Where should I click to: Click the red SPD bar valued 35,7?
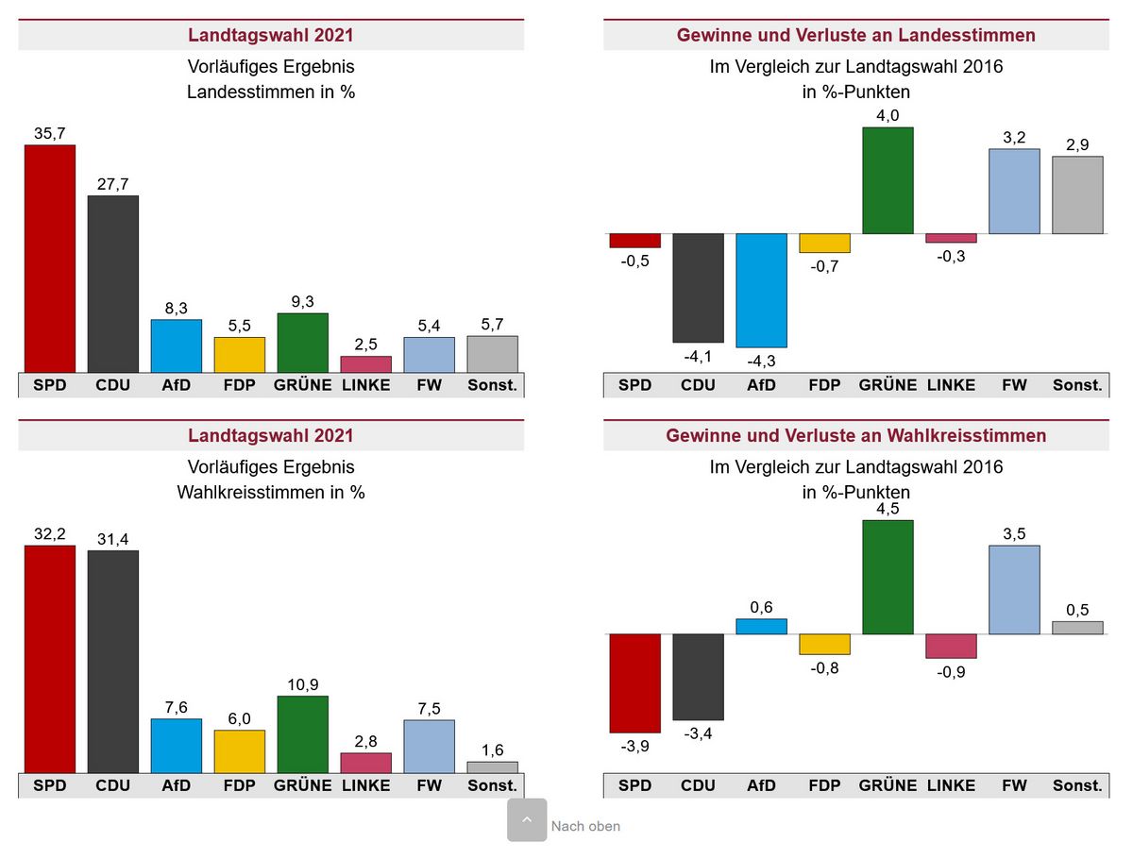(50, 259)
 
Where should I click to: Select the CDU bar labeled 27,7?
(113, 284)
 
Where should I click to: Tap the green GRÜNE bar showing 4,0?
(888, 180)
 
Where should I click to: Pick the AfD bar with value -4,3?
(761, 291)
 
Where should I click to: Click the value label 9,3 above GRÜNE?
(302, 301)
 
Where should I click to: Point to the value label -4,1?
(698, 356)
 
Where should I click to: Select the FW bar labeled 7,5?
(429, 746)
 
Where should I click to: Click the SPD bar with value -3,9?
(634, 682)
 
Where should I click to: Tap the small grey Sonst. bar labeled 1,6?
(492, 767)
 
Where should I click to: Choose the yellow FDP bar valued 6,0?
(240, 751)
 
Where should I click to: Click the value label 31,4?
(113, 539)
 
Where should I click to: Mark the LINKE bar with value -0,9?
(951, 646)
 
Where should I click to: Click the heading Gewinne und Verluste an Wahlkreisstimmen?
(855, 435)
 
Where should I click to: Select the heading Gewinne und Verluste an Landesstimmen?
(855, 35)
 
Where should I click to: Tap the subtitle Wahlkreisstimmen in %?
(271, 492)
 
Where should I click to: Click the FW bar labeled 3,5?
(1014, 590)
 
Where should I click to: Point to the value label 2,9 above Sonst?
(1077, 144)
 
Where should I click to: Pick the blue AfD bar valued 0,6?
(761, 626)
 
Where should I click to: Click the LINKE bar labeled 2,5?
(365, 364)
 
